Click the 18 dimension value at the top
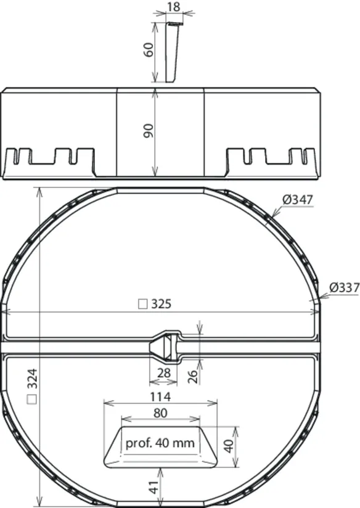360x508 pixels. (174, 7)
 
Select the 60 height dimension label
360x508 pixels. (149, 49)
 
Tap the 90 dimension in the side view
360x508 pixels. (149, 131)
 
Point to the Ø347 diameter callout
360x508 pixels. (298, 200)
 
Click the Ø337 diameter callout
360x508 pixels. (345, 287)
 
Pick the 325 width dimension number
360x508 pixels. (161, 304)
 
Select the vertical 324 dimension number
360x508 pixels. (33, 379)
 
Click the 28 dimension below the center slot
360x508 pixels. (163, 373)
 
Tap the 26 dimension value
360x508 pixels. (192, 376)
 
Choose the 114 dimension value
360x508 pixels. (160, 396)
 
